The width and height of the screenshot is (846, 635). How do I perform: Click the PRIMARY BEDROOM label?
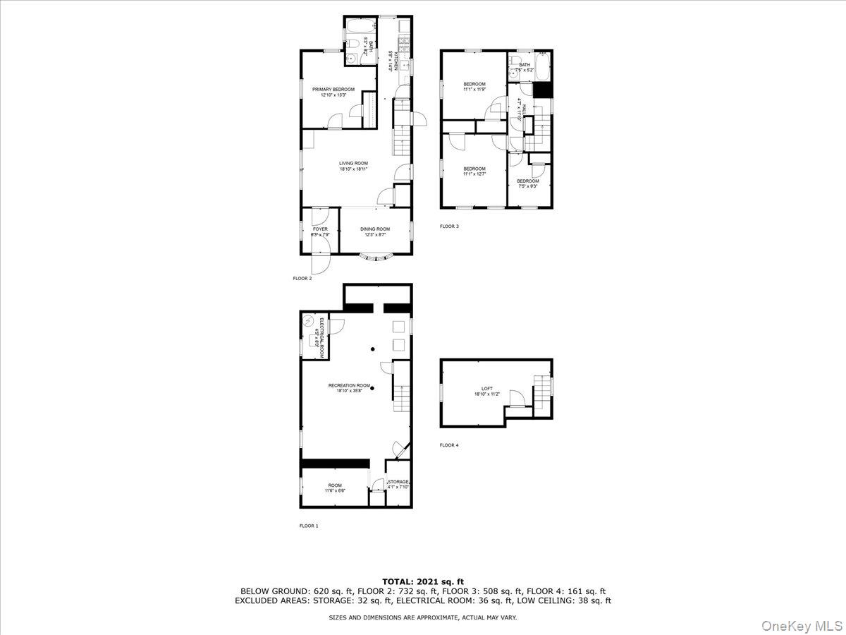(x=333, y=90)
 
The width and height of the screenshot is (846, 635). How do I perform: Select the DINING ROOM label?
(x=375, y=229)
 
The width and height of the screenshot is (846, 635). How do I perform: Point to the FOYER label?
(x=320, y=229)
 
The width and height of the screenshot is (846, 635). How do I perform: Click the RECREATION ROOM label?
(x=349, y=386)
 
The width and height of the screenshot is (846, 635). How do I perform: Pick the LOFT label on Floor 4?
(x=487, y=389)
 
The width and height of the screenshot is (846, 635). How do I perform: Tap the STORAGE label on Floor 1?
(x=398, y=482)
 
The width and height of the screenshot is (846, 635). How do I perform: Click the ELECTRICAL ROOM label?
(x=321, y=339)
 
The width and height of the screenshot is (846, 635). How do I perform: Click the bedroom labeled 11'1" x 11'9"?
(x=474, y=85)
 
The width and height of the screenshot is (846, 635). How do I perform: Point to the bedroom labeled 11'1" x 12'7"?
(x=474, y=169)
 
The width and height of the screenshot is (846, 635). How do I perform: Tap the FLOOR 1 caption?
(x=309, y=526)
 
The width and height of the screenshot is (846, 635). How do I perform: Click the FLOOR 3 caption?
(x=449, y=226)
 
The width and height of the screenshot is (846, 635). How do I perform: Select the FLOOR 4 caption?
(x=449, y=445)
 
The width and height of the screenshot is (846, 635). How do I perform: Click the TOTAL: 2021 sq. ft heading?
(x=422, y=581)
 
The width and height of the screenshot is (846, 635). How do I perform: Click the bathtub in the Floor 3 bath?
(x=542, y=68)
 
